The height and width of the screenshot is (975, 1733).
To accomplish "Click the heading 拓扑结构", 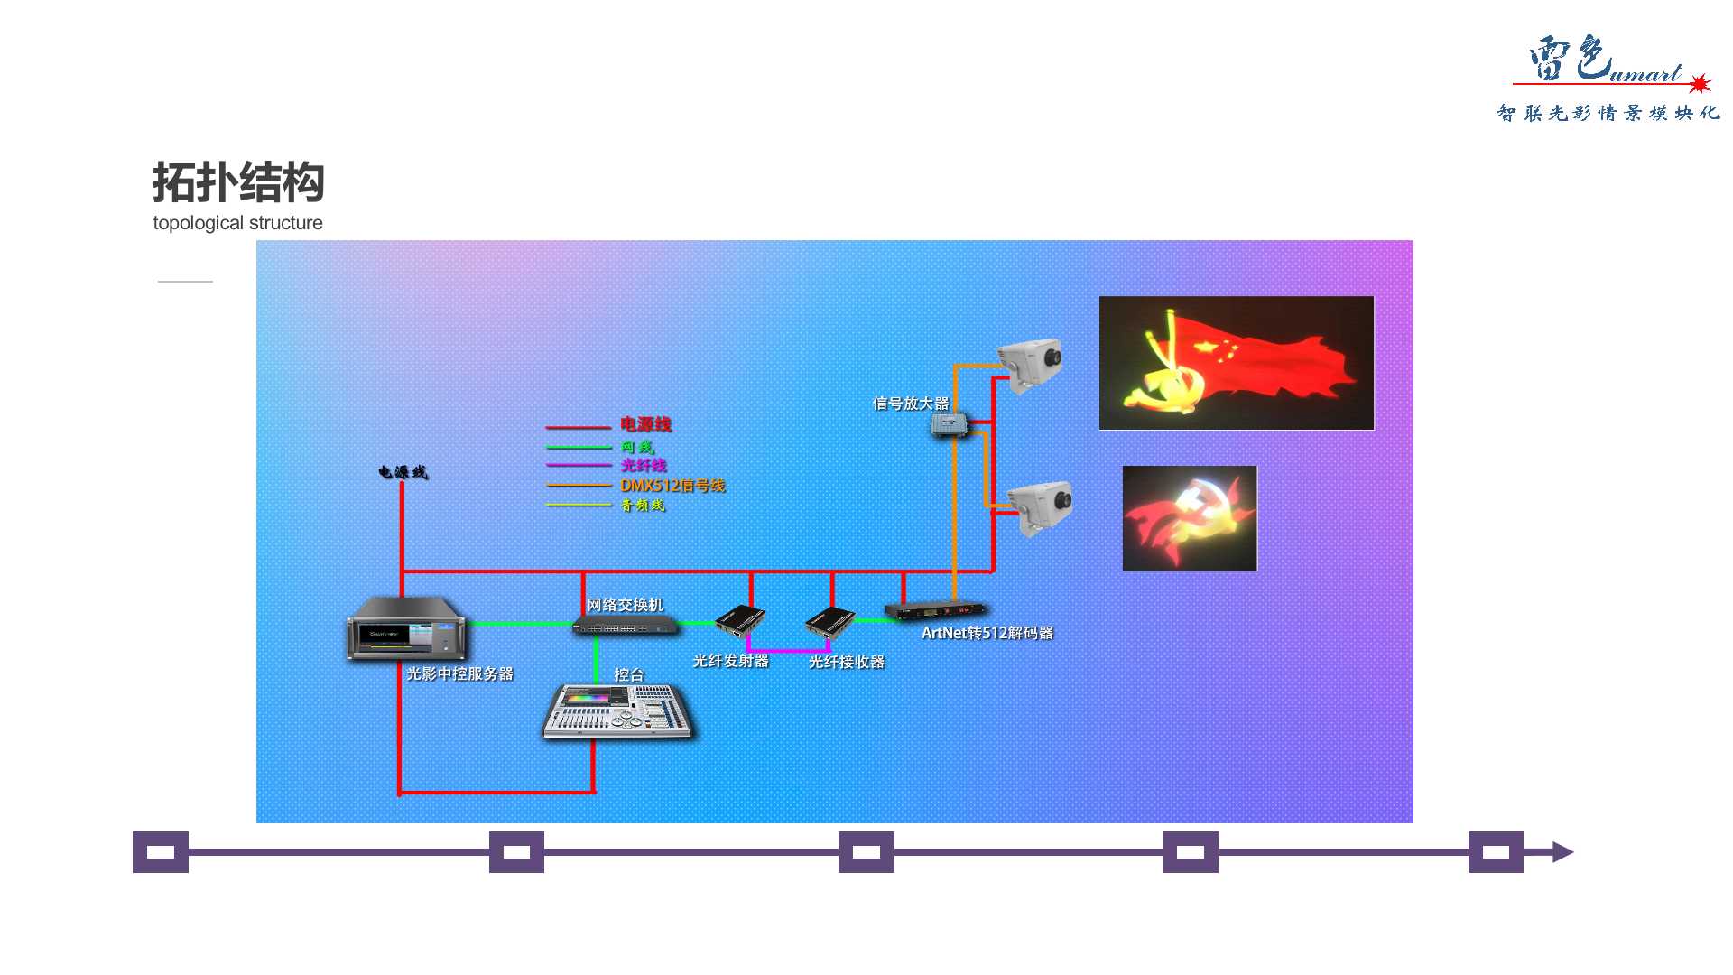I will [x=238, y=183].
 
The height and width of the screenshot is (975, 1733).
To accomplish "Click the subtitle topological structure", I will [x=237, y=223].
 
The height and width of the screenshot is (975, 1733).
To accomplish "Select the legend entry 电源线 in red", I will [x=645, y=424].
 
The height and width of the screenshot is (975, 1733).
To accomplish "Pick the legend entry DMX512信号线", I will [x=672, y=486].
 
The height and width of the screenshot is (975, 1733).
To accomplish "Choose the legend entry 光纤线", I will [x=644, y=465].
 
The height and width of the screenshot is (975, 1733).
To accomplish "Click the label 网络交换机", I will [x=625, y=605].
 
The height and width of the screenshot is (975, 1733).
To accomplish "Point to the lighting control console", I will [x=618, y=711].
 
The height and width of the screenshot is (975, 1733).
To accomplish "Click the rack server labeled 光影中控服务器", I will [x=407, y=628].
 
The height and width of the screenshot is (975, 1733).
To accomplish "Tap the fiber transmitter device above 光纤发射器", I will [x=740, y=621].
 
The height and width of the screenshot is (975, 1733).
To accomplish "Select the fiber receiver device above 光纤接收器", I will [x=829, y=622].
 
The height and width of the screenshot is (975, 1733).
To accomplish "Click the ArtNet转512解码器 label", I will [x=987, y=633].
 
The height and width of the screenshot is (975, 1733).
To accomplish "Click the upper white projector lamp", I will [x=1030, y=363].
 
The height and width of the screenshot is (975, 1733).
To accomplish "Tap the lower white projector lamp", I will [x=1041, y=506].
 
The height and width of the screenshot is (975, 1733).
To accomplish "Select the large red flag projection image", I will [x=1236, y=363].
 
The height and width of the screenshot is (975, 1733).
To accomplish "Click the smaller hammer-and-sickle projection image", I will [x=1190, y=518].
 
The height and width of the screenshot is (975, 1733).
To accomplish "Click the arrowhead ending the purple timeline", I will [x=1562, y=852].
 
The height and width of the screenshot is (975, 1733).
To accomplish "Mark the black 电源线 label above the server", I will [x=403, y=472].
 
